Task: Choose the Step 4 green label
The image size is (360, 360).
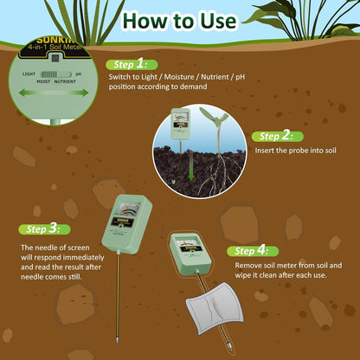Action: [x=253, y=248]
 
